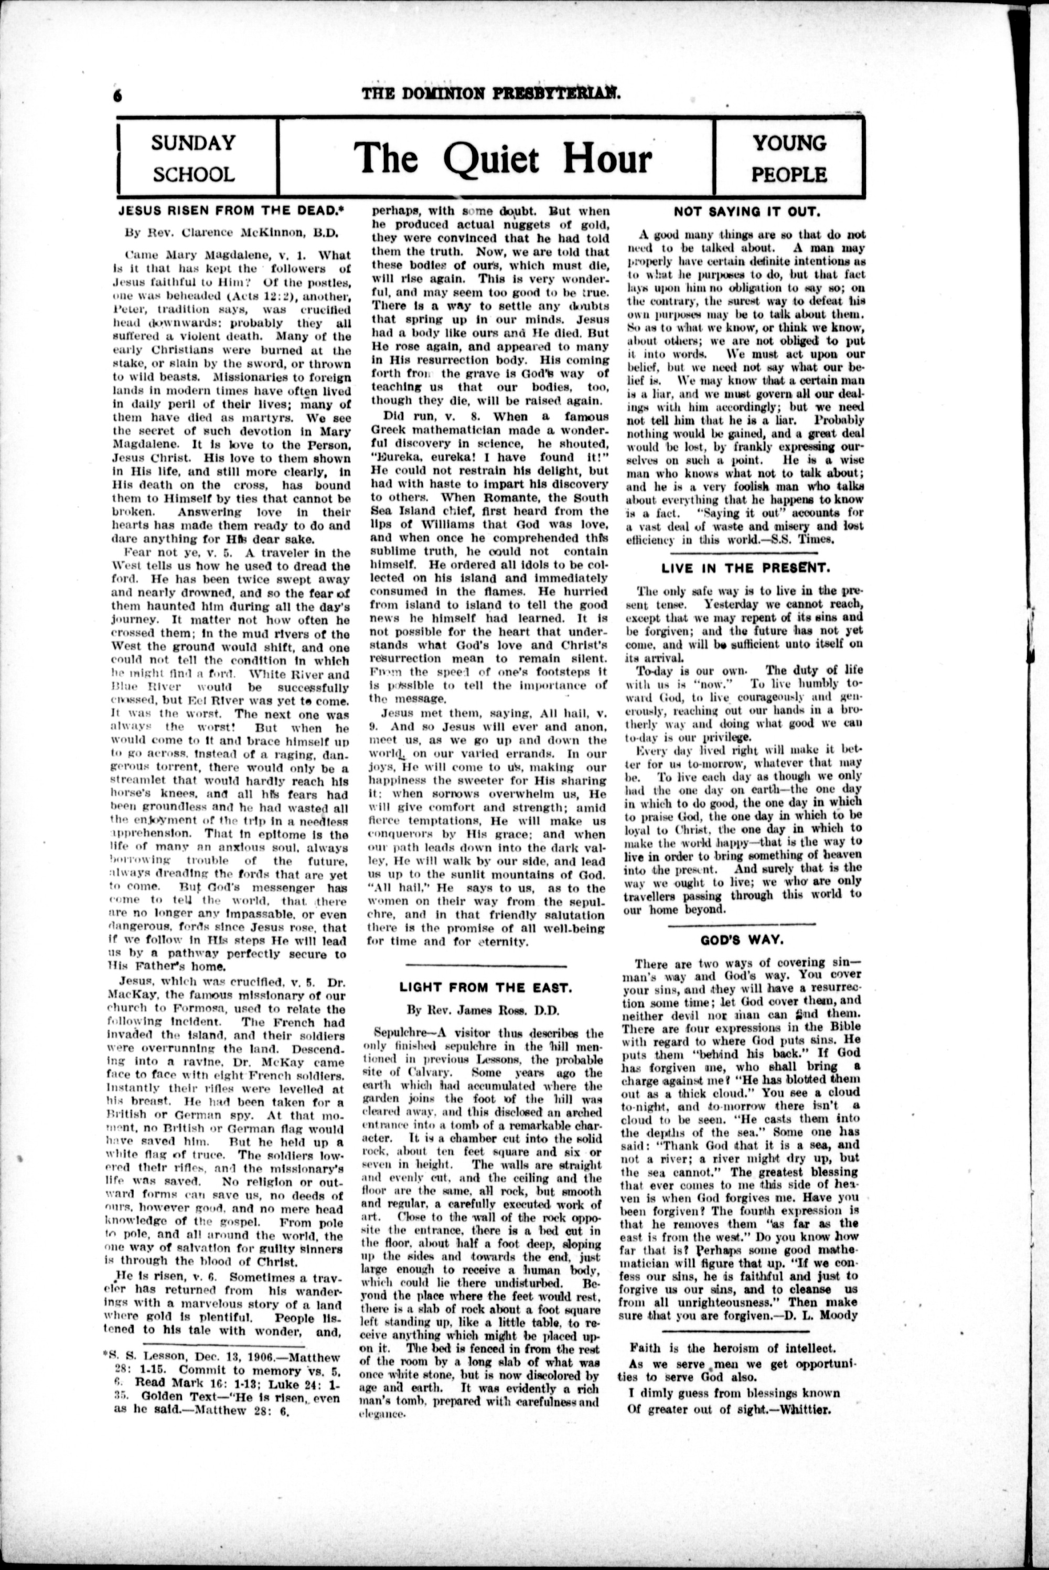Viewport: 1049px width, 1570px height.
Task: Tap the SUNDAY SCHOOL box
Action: [194, 158]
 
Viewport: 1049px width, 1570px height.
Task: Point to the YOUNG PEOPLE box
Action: [789, 158]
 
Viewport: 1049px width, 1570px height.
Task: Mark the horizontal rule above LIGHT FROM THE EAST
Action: [486, 965]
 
